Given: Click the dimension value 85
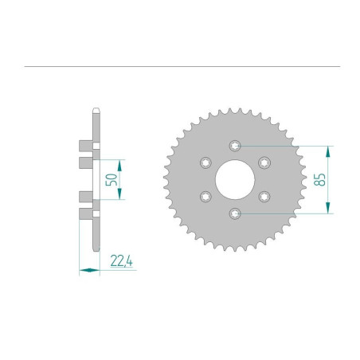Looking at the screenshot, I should click(x=320, y=179).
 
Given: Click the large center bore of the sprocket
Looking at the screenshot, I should click(x=235, y=179).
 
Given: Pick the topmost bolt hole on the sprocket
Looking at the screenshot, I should click(x=235, y=146).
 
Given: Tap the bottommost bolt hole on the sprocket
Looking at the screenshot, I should click(x=235, y=213).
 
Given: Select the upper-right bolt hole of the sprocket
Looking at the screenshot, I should click(x=264, y=162).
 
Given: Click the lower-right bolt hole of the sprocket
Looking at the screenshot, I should click(x=264, y=196).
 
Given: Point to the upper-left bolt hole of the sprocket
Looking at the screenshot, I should click(x=205, y=162).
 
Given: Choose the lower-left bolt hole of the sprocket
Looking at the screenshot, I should click(x=205, y=196).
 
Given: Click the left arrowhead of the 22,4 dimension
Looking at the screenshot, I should click(x=82, y=271).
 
